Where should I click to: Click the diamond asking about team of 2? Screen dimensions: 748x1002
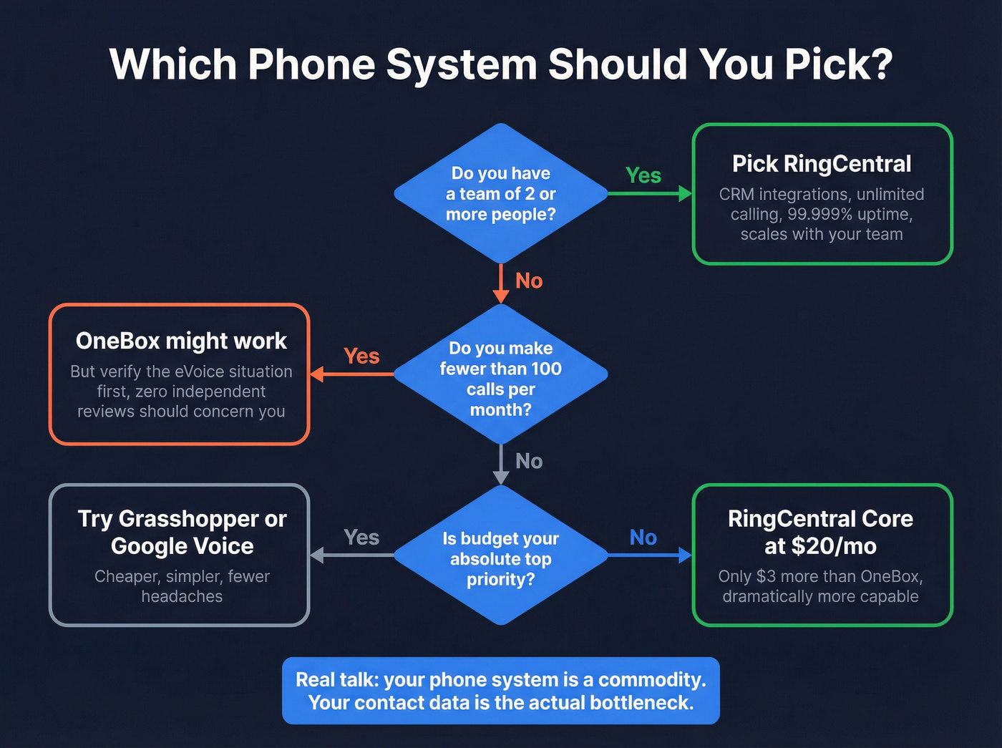coord(501,193)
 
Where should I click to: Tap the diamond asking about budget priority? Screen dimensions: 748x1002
coord(501,558)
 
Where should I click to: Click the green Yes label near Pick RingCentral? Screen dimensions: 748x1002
coord(643,175)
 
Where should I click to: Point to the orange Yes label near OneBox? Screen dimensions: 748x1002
coord(361,356)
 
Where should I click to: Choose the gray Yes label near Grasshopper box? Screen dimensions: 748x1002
coord(361,537)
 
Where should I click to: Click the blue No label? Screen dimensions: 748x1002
coord(643,537)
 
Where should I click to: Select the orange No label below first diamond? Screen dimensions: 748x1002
coord(529,281)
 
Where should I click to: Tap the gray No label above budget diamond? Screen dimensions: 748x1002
coord(529,461)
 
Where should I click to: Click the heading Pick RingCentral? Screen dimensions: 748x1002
coord(822,164)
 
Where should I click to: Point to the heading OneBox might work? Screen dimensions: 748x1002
coord(181,341)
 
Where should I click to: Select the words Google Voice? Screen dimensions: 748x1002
coord(182,546)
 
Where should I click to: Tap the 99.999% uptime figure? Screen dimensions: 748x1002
coord(849,214)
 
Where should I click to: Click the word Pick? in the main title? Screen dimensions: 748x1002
coord(838,64)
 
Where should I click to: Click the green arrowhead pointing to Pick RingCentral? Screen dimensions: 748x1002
coord(686,193)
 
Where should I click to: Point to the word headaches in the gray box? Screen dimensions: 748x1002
coord(182,596)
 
